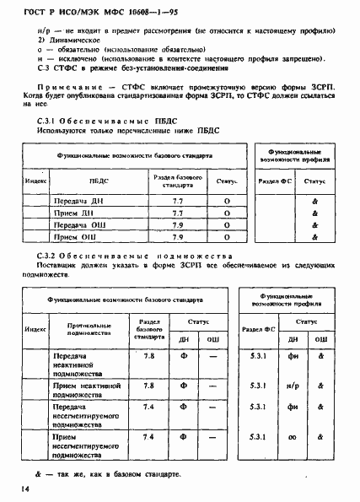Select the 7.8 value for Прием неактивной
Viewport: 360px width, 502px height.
tap(148, 386)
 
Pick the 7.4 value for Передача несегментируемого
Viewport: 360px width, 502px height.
tap(148, 408)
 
